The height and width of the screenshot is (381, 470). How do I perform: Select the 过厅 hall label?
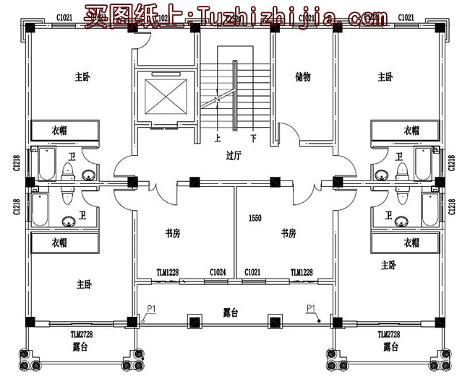233,154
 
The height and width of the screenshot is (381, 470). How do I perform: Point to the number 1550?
255,217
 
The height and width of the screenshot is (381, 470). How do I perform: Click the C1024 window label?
218,272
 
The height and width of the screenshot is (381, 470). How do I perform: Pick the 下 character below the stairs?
252,136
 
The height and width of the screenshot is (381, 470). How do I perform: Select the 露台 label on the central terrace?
231,312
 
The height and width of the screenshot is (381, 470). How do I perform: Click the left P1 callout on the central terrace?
152,308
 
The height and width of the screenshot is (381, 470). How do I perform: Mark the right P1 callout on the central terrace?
312,308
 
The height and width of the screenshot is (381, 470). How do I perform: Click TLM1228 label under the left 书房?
167,272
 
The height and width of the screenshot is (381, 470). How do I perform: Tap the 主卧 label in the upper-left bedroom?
83,76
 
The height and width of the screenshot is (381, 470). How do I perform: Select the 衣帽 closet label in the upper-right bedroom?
411,131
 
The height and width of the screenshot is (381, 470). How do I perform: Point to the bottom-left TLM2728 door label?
82,335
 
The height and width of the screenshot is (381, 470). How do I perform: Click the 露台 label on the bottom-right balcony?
390,347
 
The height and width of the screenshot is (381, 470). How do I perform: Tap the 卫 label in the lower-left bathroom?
82,214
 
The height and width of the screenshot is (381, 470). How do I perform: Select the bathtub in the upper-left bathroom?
44,164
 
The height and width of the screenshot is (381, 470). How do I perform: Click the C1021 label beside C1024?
252,272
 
